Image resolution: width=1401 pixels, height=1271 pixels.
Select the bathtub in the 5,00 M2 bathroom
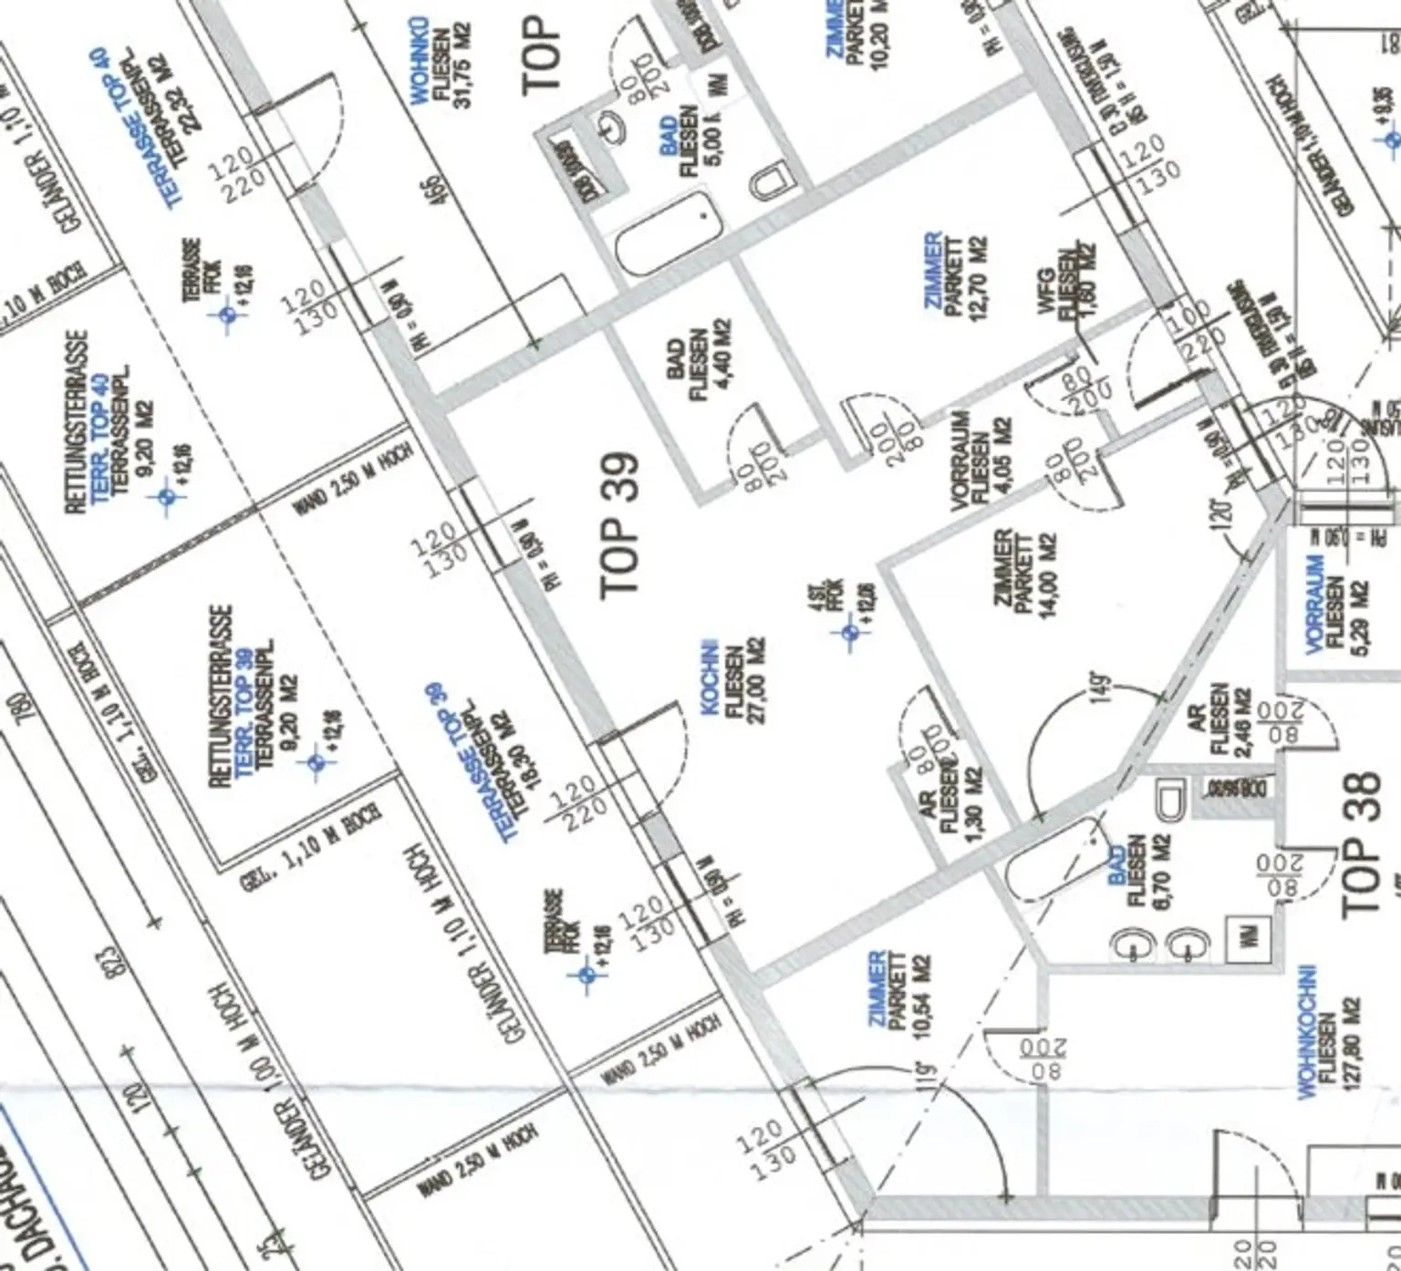(x=668, y=230)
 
